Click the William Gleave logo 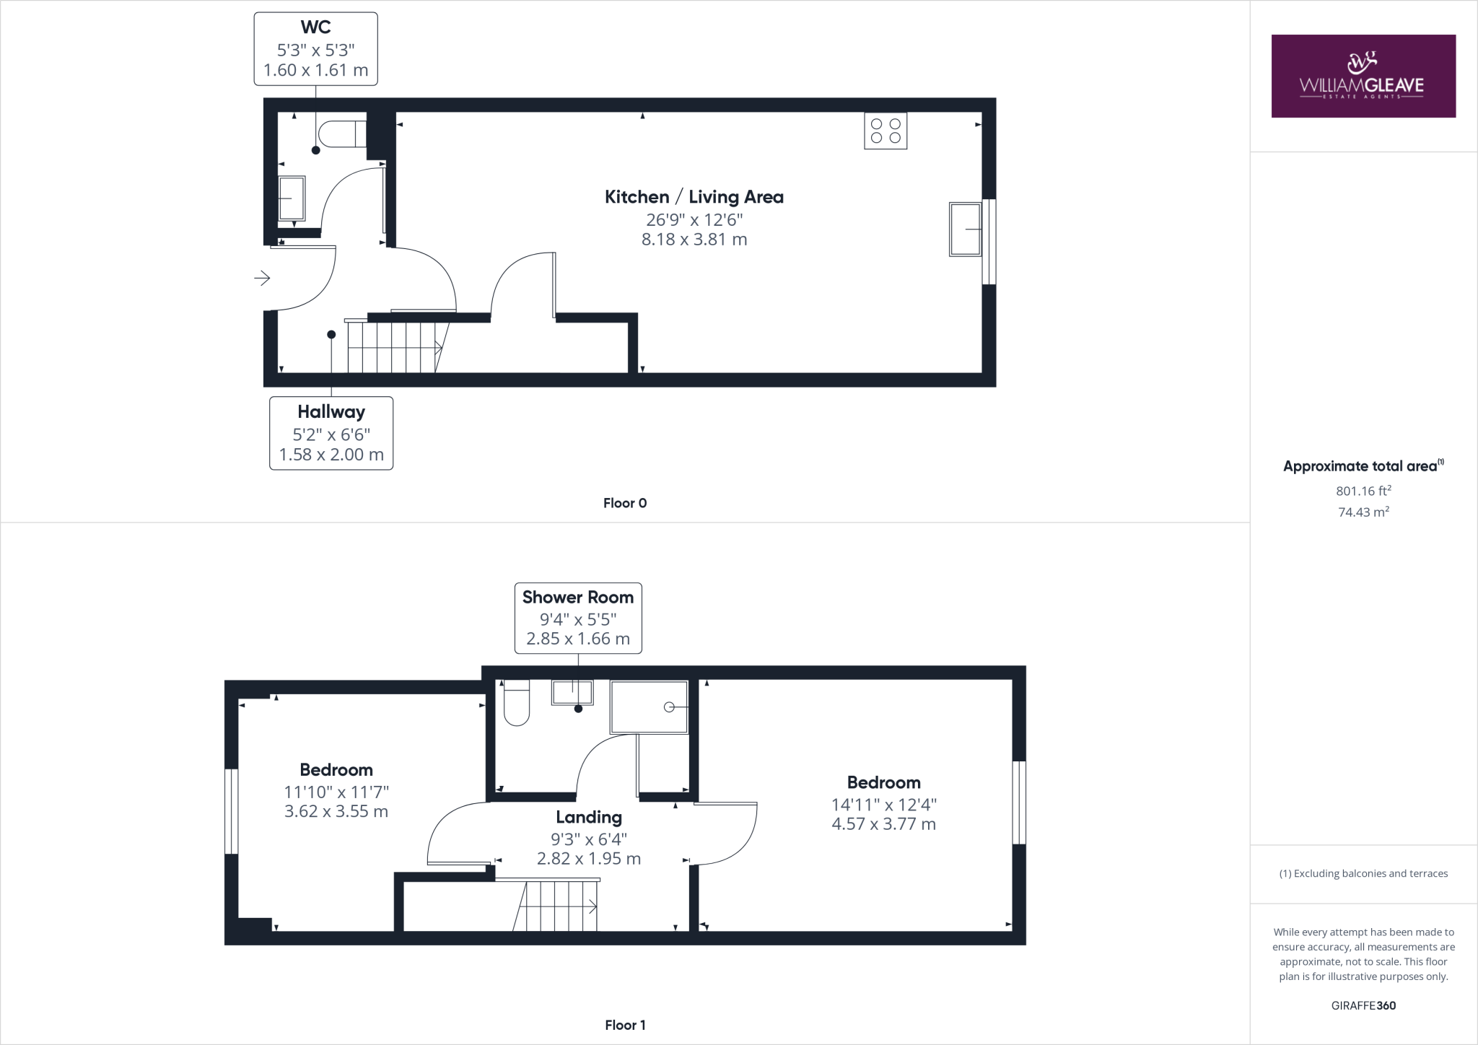click(1363, 76)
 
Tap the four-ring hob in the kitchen click(886, 131)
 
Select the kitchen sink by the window click(965, 229)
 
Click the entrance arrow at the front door click(261, 277)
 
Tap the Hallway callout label click(331, 432)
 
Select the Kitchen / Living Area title click(694, 197)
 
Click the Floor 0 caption click(625, 503)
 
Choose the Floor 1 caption click(625, 1025)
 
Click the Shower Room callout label click(577, 618)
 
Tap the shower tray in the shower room click(649, 707)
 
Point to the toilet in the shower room click(516, 703)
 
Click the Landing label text click(588, 817)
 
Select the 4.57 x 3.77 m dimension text click(883, 824)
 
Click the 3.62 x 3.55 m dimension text click(336, 811)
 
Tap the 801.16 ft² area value click(1363, 491)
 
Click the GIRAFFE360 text click(1363, 1005)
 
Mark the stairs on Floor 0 click(393, 347)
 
